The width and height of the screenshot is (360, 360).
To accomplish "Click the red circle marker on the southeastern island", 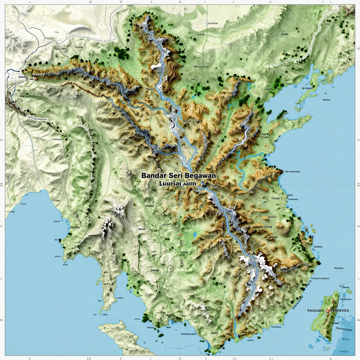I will [328, 311].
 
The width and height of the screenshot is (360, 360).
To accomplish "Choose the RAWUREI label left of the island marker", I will [316, 311].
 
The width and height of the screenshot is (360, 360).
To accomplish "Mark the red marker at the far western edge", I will [35, 79].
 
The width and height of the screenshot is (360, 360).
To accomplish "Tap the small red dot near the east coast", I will [267, 144].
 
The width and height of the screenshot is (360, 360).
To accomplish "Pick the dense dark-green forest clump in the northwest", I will [122, 53].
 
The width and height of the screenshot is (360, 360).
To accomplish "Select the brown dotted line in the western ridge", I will [81, 88].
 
